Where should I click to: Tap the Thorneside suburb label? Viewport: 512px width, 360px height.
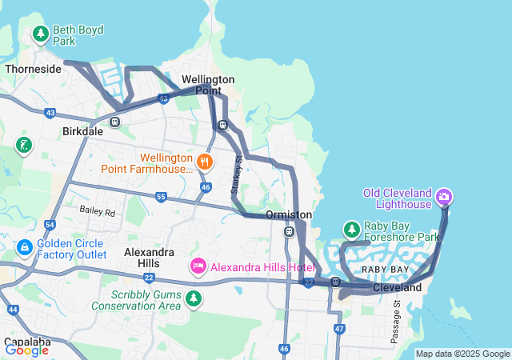(x=33, y=70)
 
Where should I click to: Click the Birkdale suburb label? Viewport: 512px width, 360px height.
(x=82, y=131)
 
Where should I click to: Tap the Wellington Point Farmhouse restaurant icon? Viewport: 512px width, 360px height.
(x=205, y=163)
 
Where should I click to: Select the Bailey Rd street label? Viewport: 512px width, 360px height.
(x=97, y=212)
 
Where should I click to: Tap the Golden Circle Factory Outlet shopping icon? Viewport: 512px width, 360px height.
(x=25, y=248)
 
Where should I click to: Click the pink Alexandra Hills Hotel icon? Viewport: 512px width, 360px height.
(x=198, y=265)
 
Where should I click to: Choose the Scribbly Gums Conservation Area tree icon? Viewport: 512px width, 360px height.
(x=193, y=299)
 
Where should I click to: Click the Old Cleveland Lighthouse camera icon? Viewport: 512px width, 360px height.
(x=445, y=196)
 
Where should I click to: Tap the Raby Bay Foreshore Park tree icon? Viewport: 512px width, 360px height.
(x=351, y=230)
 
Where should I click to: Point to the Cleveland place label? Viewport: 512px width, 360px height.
(x=397, y=287)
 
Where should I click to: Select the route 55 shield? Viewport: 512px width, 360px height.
(x=161, y=197)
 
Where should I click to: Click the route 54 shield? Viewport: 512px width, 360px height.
(x=50, y=226)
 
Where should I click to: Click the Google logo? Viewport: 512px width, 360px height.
(x=26, y=350)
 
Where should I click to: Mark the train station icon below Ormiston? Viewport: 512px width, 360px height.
(x=289, y=232)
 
